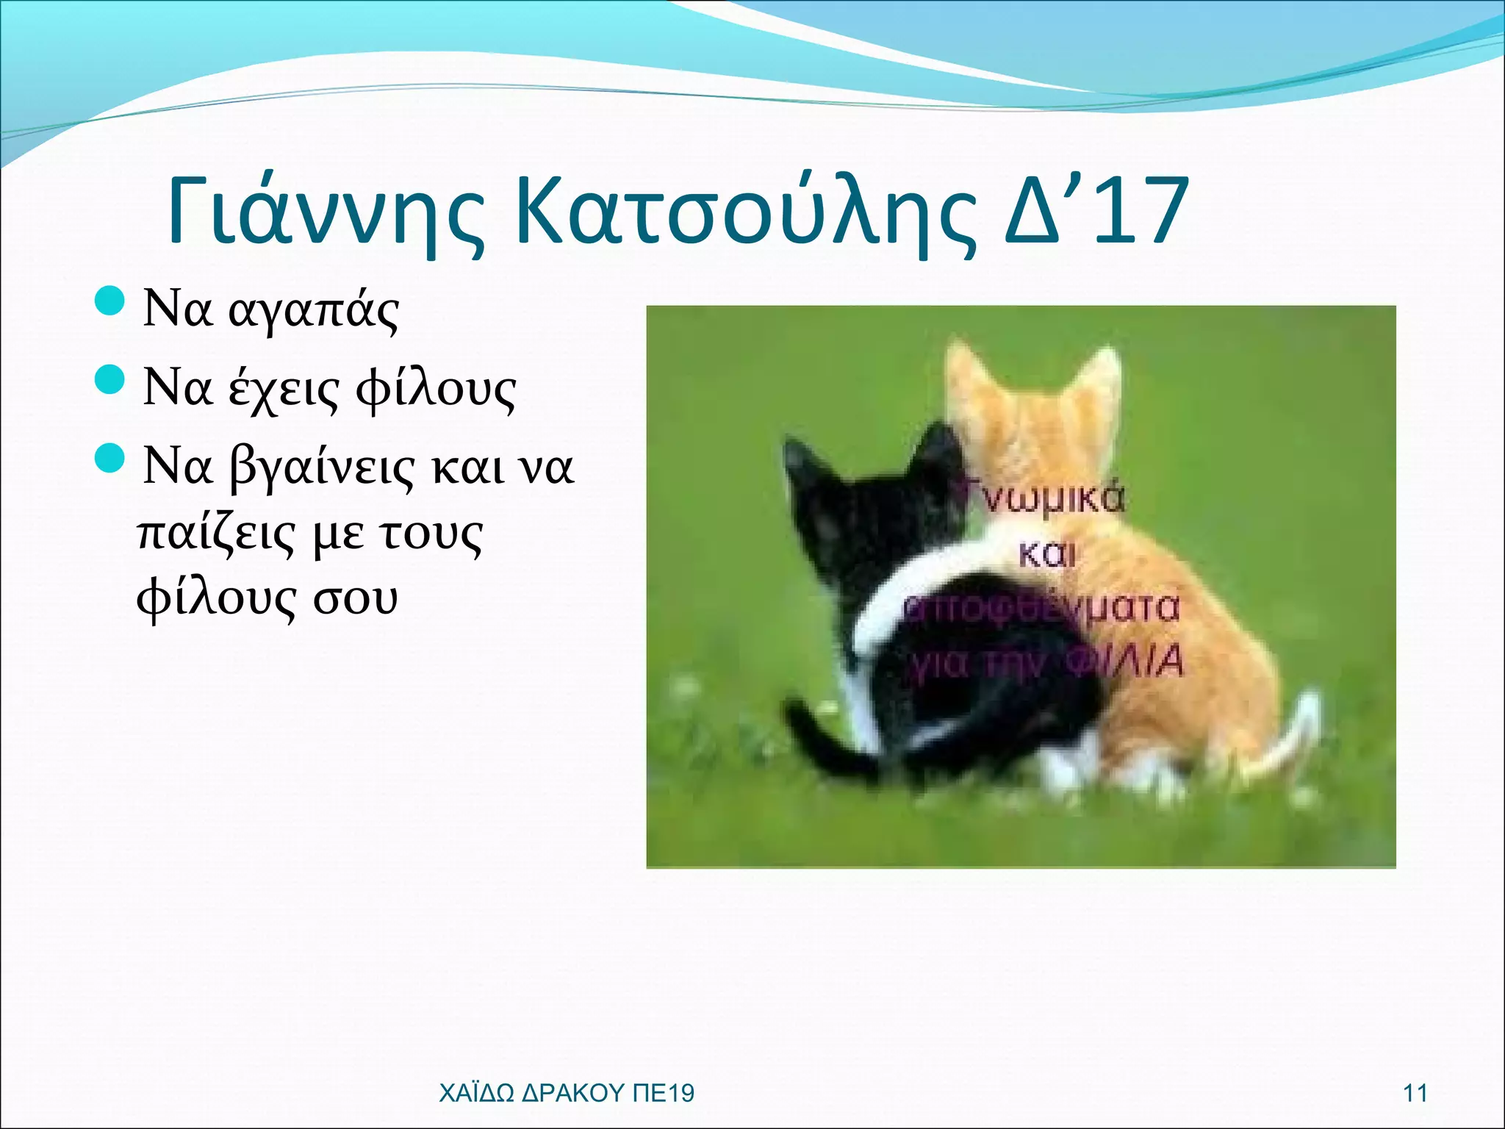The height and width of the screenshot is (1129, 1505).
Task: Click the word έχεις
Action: [284, 390]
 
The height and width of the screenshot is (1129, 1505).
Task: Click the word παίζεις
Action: [217, 534]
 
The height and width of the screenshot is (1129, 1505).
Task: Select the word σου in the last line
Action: [356, 599]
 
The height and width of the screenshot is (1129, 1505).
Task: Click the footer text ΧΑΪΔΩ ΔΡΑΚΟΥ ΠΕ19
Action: [566, 1093]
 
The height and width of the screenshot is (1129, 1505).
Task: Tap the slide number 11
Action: [1415, 1093]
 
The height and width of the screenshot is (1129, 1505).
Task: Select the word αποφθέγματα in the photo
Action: [1040, 609]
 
